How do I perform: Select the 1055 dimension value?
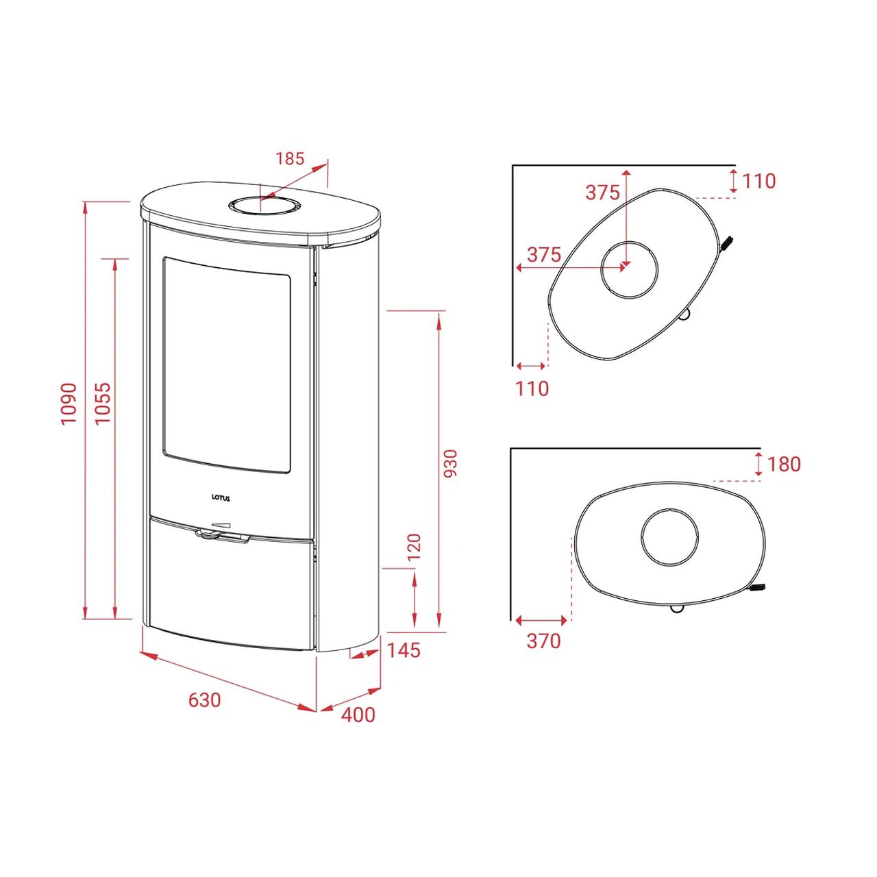coord(103,402)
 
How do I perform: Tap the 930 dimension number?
coord(450,463)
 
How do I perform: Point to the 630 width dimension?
coord(205,700)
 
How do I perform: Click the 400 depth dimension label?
coord(358,715)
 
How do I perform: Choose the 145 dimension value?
coord(404,650)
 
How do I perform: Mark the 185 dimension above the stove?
coord(290,159)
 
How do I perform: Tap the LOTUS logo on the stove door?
coord(221,498)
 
